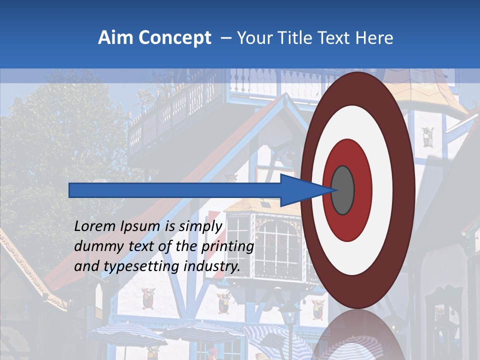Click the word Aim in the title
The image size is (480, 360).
(114, 37)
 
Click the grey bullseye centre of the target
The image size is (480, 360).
(342, 190)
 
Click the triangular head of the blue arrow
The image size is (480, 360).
(300, 190)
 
